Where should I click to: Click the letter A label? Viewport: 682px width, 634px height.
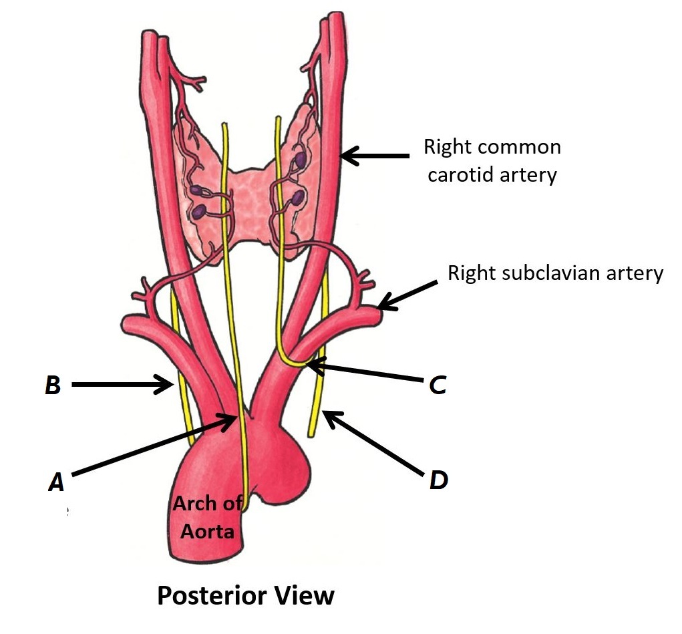click(x=56, y=482)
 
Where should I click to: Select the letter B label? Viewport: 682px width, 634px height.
click(x=53, y=385)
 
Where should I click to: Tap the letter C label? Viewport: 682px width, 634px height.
click(x=438, y=385)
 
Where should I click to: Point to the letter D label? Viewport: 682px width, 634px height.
click(x=438, y=479)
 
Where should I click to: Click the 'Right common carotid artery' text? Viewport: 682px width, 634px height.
click(x=492, y=161)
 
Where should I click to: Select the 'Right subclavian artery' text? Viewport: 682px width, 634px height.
click(x=555, y=273)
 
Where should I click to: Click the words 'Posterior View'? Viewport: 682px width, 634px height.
click(x=245, y=595)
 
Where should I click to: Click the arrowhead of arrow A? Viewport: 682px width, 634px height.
click(x=233, y=418)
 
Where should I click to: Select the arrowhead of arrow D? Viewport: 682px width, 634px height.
click(x=326, y=416)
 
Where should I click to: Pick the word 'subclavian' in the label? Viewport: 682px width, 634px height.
click(x=556, y=273)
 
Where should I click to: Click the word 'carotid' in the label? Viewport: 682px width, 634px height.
click(x=455, y=175)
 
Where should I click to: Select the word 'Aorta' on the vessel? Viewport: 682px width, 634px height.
click(x=210, y=532)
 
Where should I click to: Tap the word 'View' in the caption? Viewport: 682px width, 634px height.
click(x=307, y=595)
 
